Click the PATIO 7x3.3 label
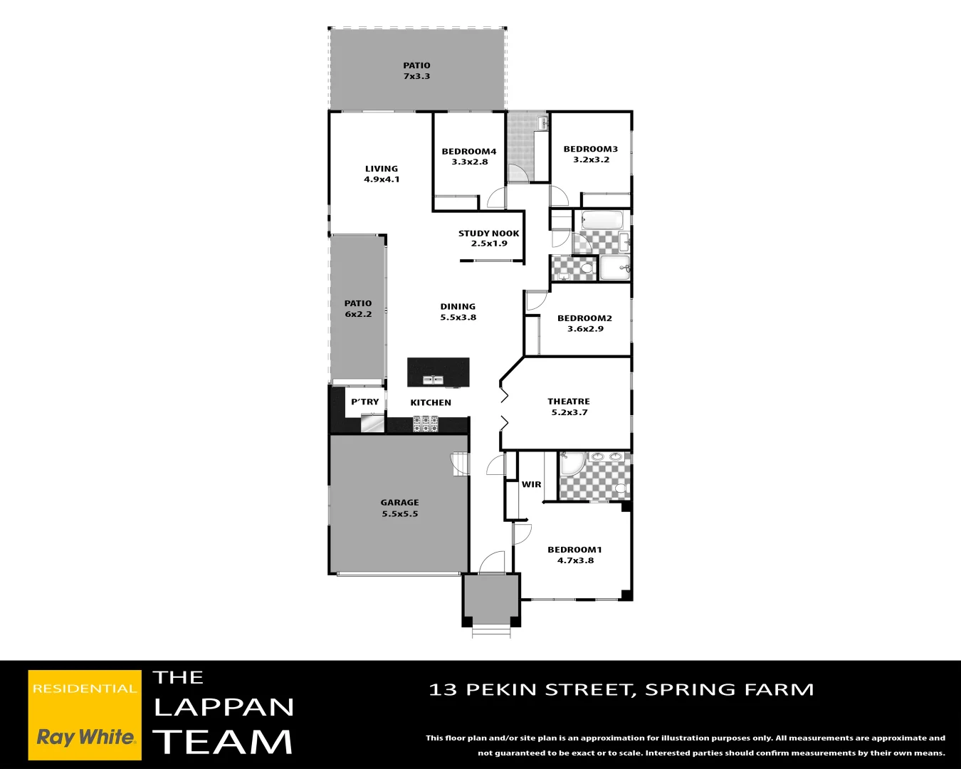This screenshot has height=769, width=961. tap(416, 70)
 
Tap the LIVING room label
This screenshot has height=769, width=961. tap(382, 174)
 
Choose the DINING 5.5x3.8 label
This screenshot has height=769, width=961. tap(458, 312)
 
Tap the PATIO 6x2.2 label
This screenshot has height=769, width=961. tap(358, 308)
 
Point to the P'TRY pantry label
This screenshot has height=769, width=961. tap(365, 402)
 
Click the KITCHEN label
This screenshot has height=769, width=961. tap(431, 402)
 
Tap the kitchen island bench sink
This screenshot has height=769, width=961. tap(434, 380)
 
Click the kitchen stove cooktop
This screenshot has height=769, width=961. tap(426, 424)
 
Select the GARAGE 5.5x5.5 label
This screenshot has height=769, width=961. tap(399, 508)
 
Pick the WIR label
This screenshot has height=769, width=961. tap(531, 484)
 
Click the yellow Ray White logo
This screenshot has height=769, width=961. tap(85, 714)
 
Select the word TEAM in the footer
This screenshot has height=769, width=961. tap(223, 742)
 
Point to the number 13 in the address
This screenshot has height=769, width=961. tap(443, 689)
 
